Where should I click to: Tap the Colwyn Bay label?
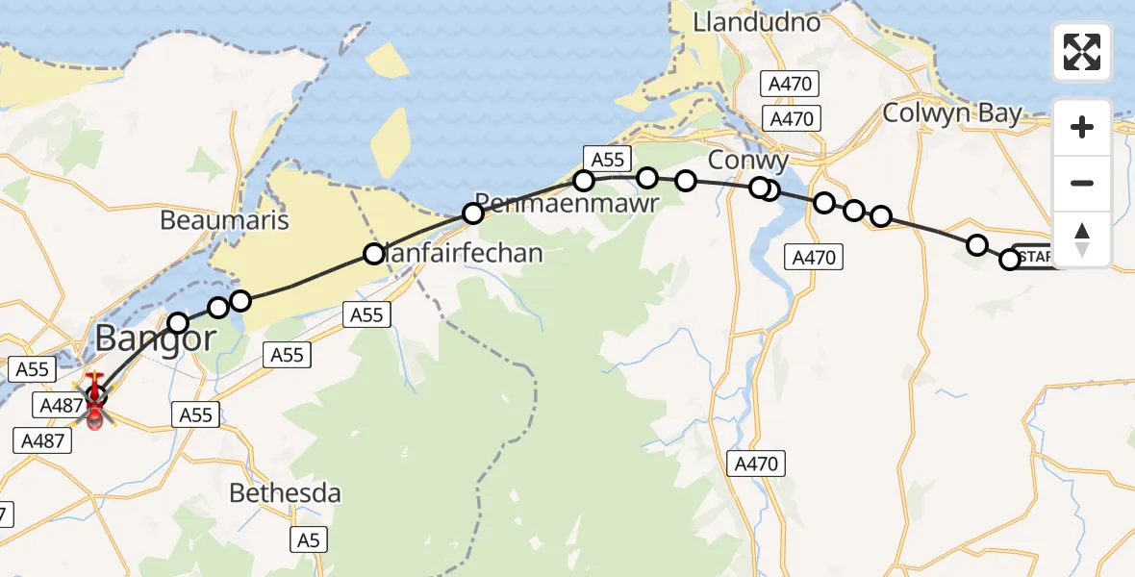coord(951,113)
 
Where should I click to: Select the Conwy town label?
coord(747,160)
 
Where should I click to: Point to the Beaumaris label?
coord(224,220)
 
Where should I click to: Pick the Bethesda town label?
coord(285,493)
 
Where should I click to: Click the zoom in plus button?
coord(1082,127)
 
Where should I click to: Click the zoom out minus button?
coord(1082,183)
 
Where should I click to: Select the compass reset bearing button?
coord(1082,238)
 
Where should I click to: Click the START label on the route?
coord(1037,257)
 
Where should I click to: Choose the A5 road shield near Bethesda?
coord(308,539)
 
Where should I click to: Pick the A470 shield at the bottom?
coord(755,464)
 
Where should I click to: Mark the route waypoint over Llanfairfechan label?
coord(373,254)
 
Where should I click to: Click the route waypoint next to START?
coord(1010,260)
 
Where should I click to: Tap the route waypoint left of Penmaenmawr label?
coord(473,213)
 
